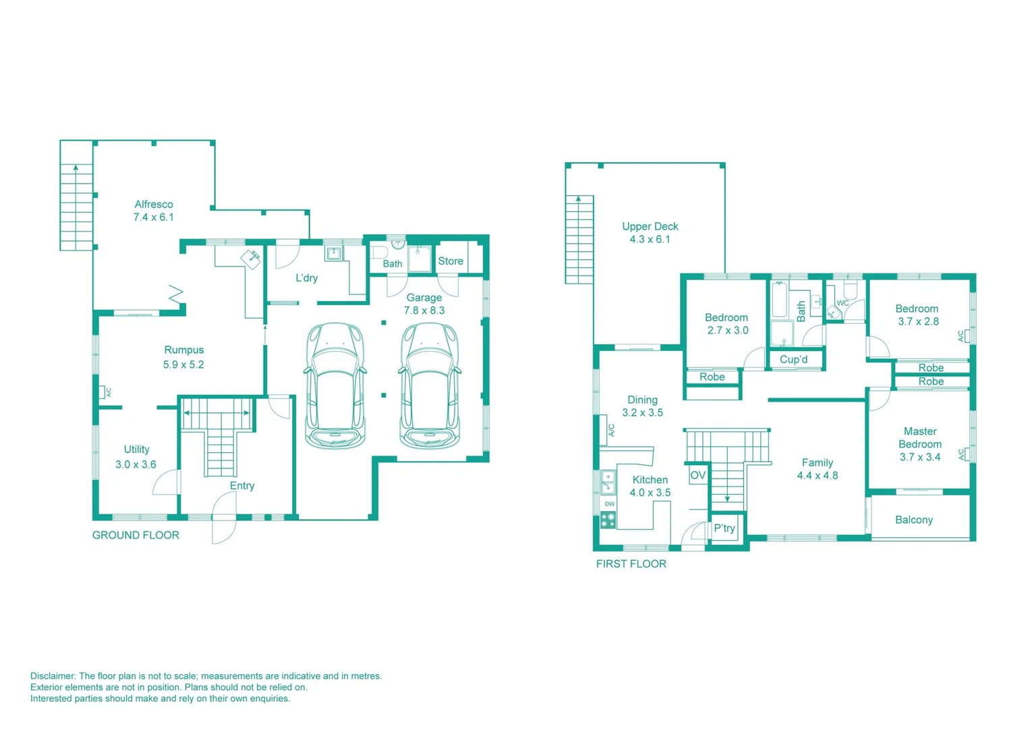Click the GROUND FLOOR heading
pos(136,535)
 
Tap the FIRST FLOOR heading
pos(631,564)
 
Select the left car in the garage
pos(335,385)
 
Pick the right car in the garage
pos(430,385)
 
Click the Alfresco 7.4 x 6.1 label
pos(153,211)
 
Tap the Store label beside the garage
pos(451,261)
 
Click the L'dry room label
pos(306,278)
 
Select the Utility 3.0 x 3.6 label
pos(136,457)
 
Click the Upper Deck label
pos(650,233)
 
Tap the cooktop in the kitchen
pos(608,520)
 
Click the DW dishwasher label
pos(609,504)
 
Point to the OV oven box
pos(697,475)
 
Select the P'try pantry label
pos(724,528)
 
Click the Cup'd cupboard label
pos(793,360)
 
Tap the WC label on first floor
pos(842,303)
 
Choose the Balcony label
pos(914,520)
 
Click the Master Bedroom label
pos(920,444)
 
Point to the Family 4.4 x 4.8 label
pos(817,469)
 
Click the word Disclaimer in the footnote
pos(53,676)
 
